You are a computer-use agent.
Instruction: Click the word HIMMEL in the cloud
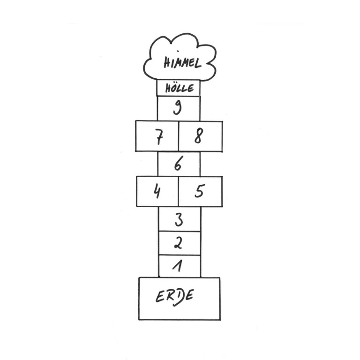pos(182,62)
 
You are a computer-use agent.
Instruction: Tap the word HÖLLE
pos(180,88)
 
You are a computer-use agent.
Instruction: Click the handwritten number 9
pos(177,107)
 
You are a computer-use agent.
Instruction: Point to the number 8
pos(199,136)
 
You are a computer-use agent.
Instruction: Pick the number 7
pos(159,137)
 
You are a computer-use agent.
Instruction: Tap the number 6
pos(178,163)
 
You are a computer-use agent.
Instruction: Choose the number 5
pos(199,191)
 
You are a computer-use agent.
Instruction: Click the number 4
pos(157,191)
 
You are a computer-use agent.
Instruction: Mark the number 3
pos(179,220)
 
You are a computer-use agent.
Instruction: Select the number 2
pos(178,243)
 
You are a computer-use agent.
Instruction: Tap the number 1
pos(178,266)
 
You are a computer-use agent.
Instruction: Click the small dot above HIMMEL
pos(178,51)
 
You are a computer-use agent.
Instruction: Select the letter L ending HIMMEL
pos(198,63)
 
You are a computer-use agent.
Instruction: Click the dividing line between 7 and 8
pos(179,136)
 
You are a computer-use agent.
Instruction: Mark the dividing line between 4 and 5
pos(178,191)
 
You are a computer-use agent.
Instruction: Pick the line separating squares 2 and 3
pos(180,232)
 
